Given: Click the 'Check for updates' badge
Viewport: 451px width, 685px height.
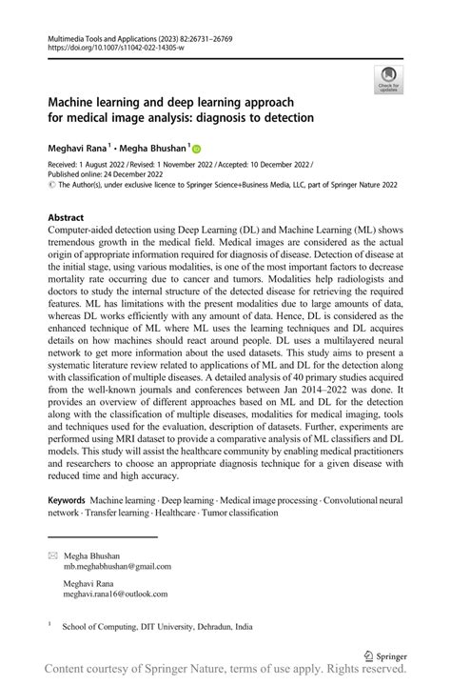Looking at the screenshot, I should (388, 80).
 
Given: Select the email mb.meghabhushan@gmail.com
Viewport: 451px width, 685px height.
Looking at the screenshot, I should (117, 565).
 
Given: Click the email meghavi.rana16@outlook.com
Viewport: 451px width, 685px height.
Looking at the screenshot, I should (115, 593).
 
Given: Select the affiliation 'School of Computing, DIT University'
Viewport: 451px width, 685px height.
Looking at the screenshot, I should (157, 628).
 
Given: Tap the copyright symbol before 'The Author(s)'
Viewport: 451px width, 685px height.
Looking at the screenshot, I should (51, 186).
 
